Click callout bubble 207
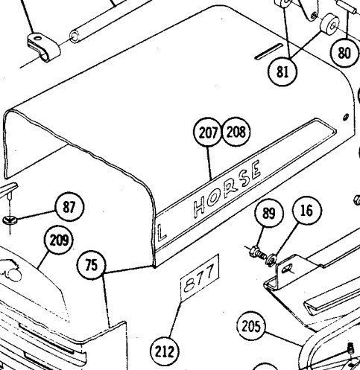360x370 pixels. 207,132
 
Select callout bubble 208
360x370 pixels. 236,132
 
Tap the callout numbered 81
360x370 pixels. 282,71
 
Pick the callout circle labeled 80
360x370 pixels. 344,53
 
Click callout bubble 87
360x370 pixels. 69,207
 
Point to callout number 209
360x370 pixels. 59,240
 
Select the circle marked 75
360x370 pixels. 92,265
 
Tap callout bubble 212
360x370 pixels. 165,351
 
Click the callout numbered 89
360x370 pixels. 269,213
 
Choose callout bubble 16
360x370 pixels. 307,211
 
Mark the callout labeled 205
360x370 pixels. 251,326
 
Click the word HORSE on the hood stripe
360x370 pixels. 227,189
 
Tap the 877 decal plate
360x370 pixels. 200,278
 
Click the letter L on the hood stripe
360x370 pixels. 162,233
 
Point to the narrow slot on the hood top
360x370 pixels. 269,51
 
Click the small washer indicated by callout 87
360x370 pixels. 10,220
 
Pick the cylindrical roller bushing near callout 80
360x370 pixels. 329,25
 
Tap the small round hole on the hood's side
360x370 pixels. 346,117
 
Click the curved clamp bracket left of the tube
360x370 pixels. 43,47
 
